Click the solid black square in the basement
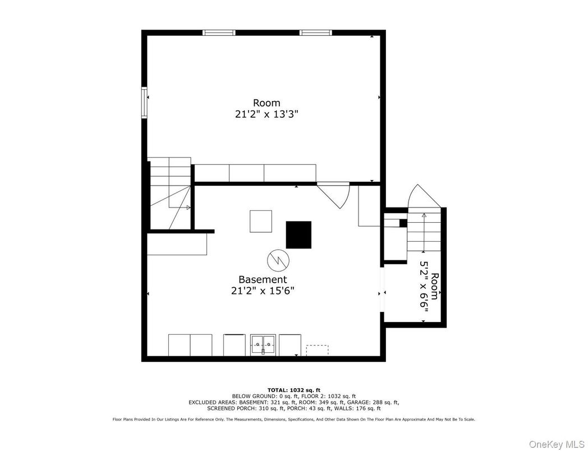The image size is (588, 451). point(298,234)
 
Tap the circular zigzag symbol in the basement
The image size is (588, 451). point(278,259)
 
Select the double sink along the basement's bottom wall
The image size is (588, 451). point(263,344)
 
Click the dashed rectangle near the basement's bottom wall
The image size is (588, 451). point(317,350)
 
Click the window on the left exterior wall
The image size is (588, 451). point(144,103)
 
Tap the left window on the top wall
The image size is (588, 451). point(219,33)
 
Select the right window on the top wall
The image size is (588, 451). point(316,33)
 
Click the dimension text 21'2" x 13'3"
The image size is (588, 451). point(267,114)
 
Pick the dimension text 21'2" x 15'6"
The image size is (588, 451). point(263,291)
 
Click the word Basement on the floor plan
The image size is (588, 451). point(263,279)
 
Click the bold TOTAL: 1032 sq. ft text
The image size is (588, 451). point(293,390)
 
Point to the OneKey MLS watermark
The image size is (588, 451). point(557,444)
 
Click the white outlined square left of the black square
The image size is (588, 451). point(261,221)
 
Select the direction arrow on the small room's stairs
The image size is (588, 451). point(424,232)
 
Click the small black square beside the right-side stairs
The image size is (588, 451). point(403,223)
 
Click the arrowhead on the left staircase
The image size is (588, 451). point(189,208)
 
